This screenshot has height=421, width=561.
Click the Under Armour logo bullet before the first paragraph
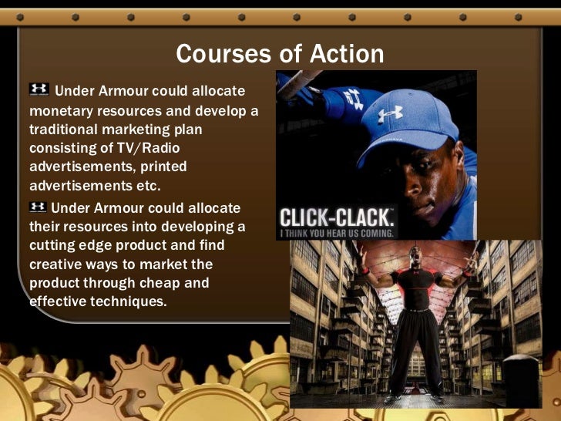tap(39, 89)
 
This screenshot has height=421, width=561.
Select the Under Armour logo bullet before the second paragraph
tap(37, 207)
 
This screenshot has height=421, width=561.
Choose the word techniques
tap(126, 301)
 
